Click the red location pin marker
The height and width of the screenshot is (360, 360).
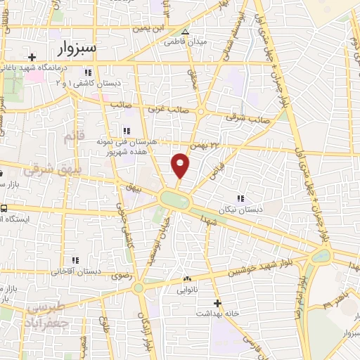[181, 165]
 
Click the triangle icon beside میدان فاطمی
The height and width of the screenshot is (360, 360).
[185, 32]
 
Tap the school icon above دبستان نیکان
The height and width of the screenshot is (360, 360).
[242, 199]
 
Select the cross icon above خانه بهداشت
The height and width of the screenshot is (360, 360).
[218, 303]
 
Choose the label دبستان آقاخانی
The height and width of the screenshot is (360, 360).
[72, 271]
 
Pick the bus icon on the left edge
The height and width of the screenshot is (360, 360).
[4, 209]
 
